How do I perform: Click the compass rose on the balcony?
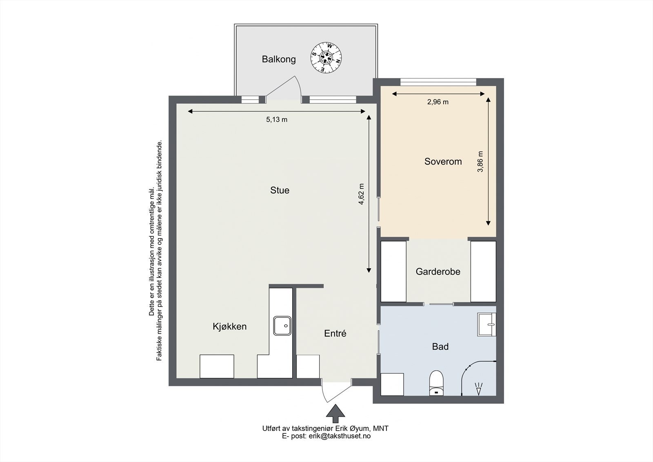click(x=326, y=58)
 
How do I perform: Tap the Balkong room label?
click(x=279, y=59)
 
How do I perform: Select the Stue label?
click(x=280, y=190)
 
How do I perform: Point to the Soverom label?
click(x=443, y=161)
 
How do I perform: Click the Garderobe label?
click(x=438, y=271)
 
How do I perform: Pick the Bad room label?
click(x=440, y=346)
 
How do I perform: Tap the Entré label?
click(x=335, y=333)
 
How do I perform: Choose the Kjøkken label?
click(x=230, y=326)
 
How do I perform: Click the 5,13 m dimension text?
click(x=277, y=119)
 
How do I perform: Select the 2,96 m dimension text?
click(x=438, y=102)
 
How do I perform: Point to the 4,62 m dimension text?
click(x=361, y=194)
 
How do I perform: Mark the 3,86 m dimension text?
click(x=480, y=162)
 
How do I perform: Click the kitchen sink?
click(x=282, y=326)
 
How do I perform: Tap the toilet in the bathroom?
click(x=436, y=383)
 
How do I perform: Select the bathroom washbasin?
click(x=486, y=324)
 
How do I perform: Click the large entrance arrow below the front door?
click(x=335, y=413)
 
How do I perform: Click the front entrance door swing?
click(x=336, y=391)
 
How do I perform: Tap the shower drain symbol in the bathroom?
click(x=479, y=389)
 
